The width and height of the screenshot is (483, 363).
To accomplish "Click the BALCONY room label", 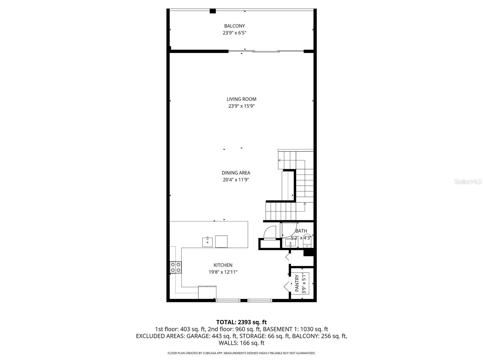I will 234,26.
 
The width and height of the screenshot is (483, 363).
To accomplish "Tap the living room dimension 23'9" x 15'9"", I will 241,106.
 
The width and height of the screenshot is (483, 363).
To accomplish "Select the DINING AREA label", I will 236,173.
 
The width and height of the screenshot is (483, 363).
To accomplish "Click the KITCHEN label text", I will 223,265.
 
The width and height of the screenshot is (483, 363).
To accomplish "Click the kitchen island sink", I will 207,242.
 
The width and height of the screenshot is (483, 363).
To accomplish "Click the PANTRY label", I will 297,283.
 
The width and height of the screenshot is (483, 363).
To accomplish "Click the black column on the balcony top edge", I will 213,11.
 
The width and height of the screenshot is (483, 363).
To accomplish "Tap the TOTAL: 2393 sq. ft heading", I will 241,322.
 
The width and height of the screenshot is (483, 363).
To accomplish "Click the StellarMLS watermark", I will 468,182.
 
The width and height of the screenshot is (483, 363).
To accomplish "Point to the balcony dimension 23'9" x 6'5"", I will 234,33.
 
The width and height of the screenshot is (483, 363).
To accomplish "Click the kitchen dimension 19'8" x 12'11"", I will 223,272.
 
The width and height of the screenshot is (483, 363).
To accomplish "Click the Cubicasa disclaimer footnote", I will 241,353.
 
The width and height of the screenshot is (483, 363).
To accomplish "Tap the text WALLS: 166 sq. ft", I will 241,343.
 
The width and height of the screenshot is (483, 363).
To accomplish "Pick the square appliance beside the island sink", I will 221,241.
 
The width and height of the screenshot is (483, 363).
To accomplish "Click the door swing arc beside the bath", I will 270,232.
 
